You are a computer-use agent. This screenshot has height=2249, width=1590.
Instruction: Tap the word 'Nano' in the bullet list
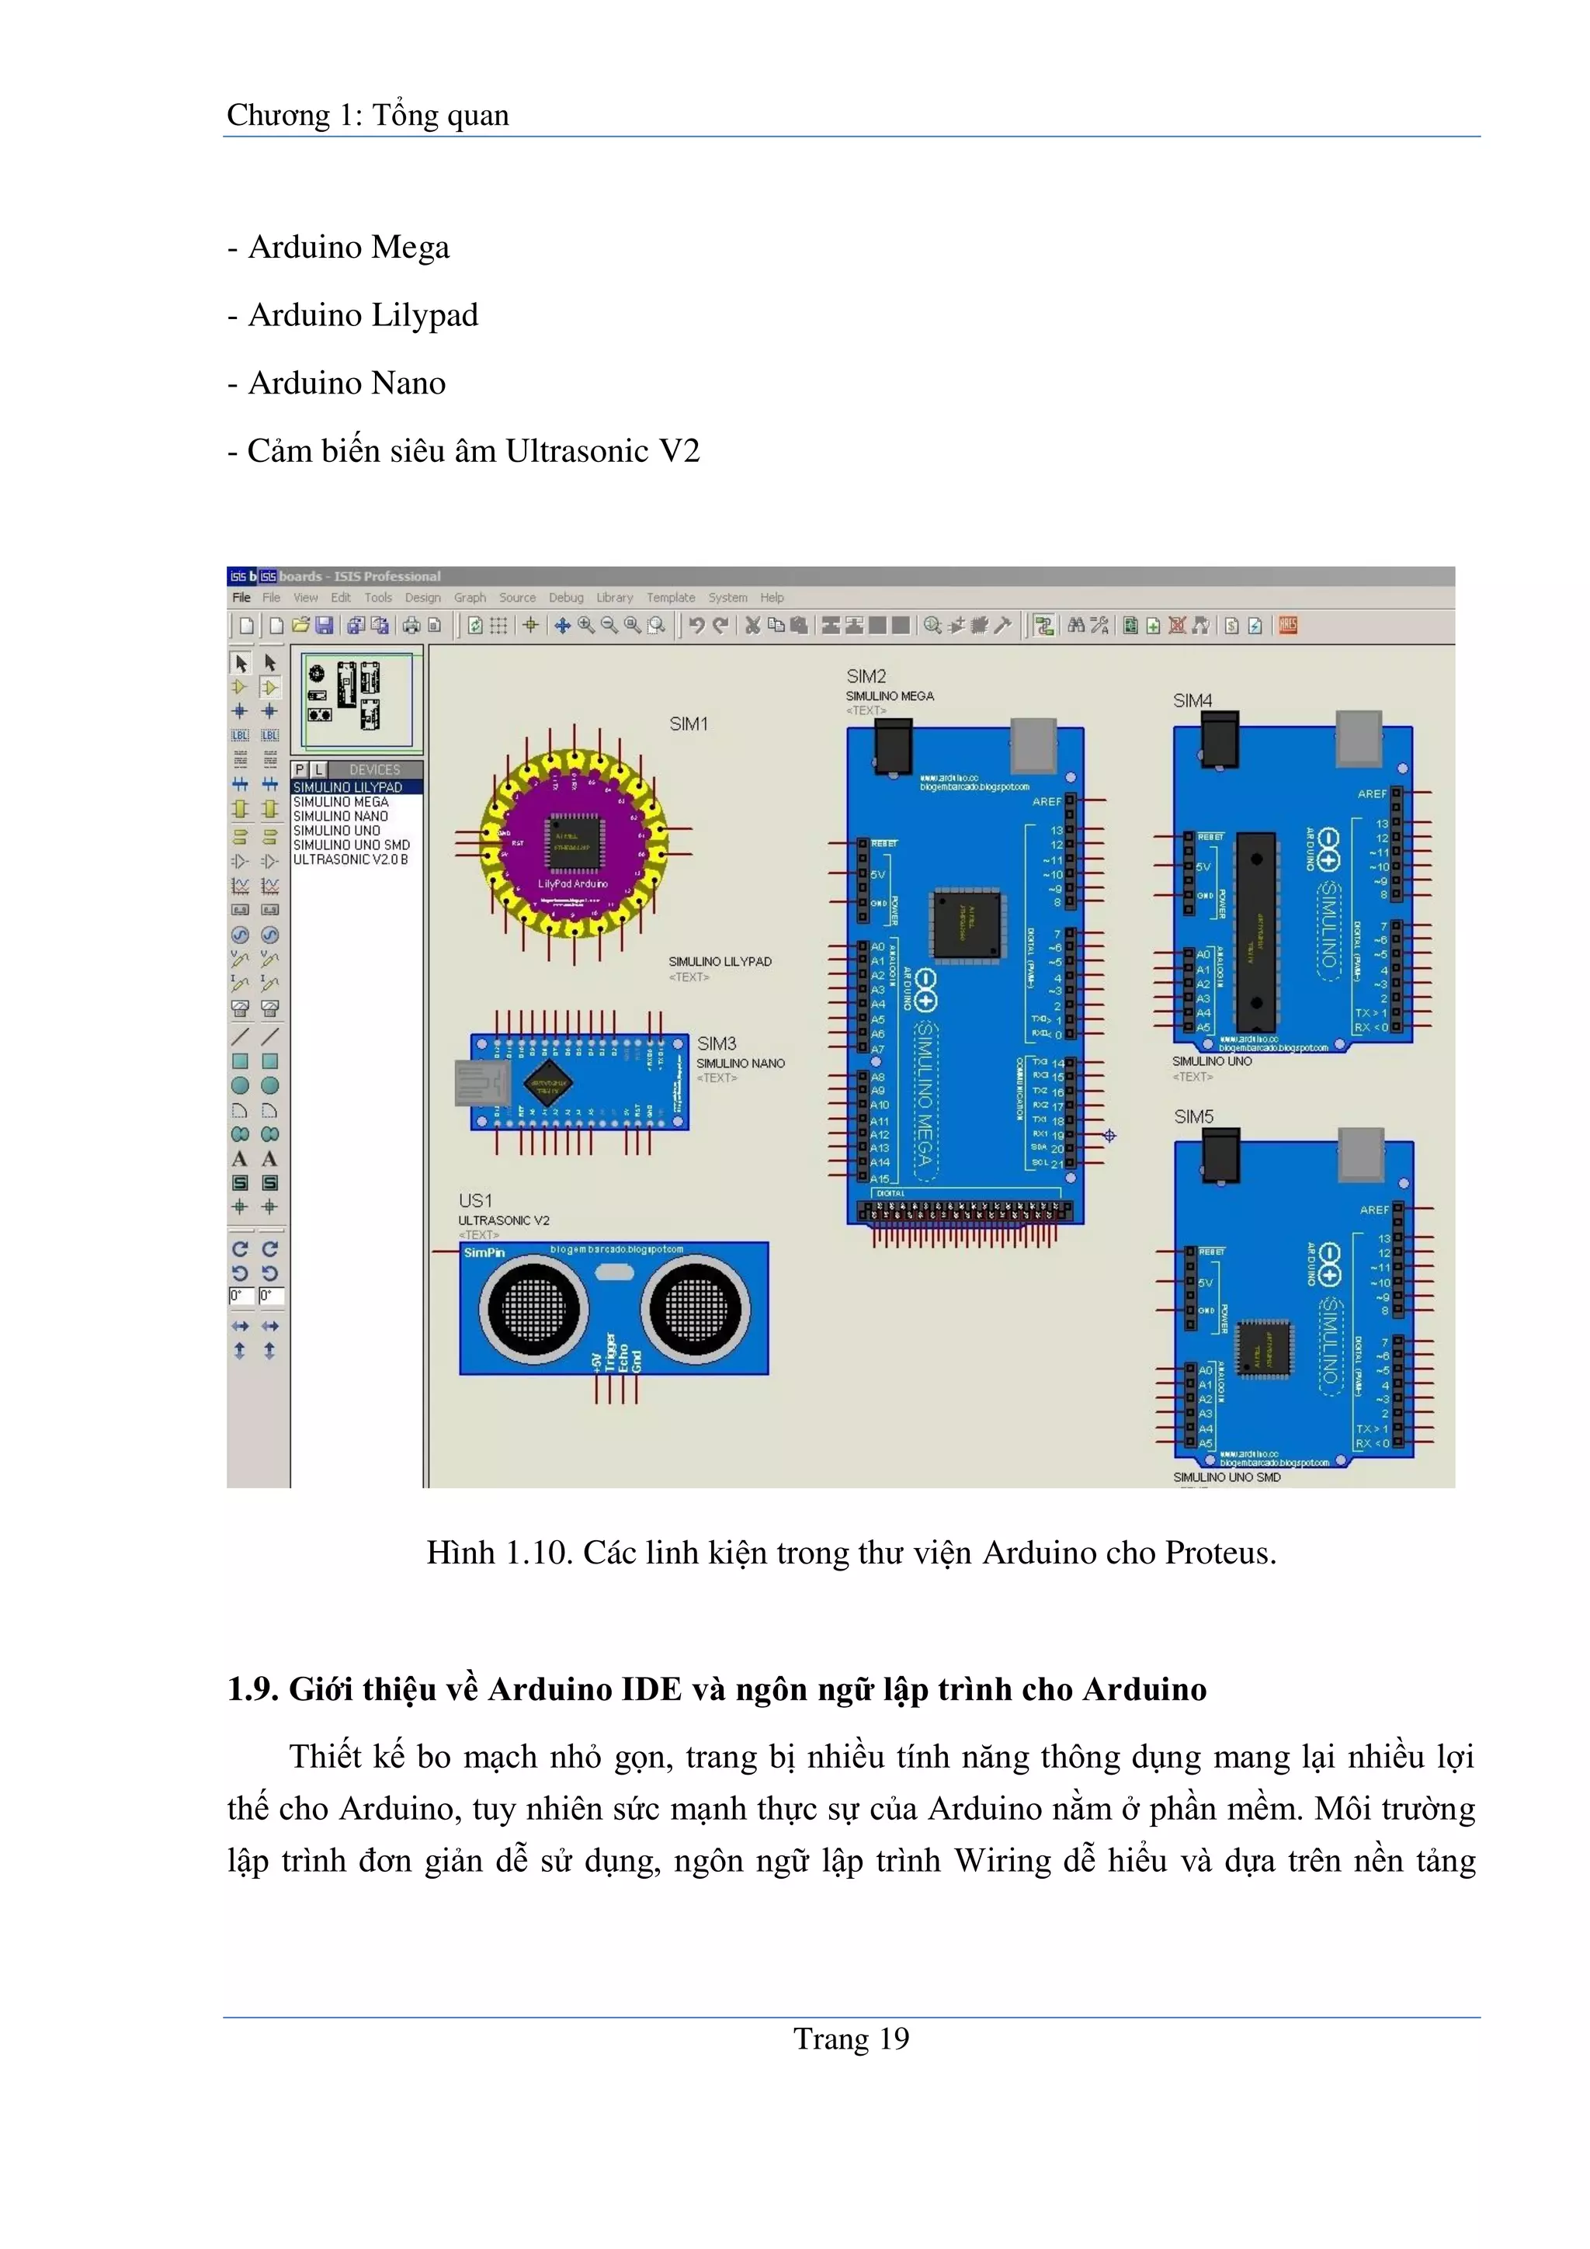407,383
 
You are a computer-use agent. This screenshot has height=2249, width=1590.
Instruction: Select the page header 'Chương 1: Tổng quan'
367,116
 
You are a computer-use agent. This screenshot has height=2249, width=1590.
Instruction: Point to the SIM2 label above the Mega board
866,677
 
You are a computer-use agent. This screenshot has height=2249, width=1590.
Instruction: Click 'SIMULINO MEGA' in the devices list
341,801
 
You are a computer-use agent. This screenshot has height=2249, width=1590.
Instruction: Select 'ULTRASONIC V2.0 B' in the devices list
351,859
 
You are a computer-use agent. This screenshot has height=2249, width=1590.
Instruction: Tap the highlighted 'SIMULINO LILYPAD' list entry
348,786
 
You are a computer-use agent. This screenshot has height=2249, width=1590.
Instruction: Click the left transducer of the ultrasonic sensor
534,1310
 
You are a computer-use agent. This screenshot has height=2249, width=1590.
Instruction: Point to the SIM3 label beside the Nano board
716,1043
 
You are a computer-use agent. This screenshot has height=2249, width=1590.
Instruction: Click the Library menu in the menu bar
614,598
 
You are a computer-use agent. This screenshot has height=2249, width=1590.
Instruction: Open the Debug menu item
565,598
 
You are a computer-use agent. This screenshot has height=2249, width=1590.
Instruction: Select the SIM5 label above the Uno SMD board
1193,1116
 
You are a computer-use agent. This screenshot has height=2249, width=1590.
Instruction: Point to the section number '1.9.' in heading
254,1690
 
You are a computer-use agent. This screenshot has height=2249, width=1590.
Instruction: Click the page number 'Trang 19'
850,2039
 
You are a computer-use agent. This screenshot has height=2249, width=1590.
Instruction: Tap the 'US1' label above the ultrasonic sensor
475,1200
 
